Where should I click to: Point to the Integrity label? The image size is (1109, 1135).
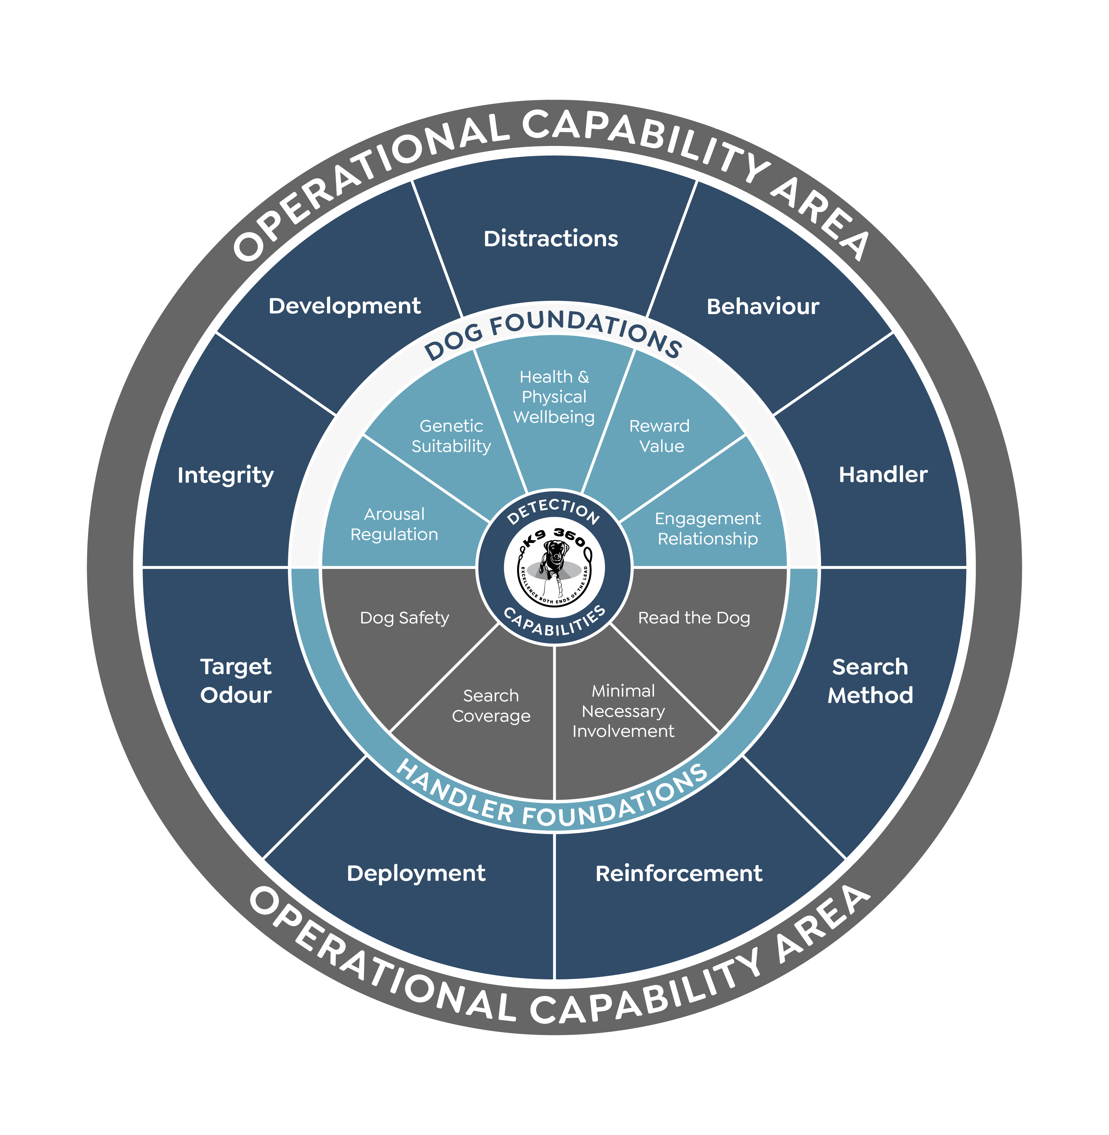coord(225,475)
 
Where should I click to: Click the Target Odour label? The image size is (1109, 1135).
coord(236,680)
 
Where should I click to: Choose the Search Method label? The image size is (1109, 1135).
coord(870,680)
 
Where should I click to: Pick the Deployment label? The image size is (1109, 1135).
coord(416,873)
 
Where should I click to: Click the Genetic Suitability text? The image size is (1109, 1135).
coord(452,436)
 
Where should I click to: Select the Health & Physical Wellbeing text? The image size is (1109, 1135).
coord(554,397)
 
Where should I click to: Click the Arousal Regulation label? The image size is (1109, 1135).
coord(394,524)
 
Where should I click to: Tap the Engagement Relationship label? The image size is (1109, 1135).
coord(708,528)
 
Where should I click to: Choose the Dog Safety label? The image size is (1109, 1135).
coord(405,618)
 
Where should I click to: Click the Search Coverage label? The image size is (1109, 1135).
coord(491,706)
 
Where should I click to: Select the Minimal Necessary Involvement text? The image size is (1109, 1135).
coord(623,711)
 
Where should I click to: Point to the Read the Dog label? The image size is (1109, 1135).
coord(694,618)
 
